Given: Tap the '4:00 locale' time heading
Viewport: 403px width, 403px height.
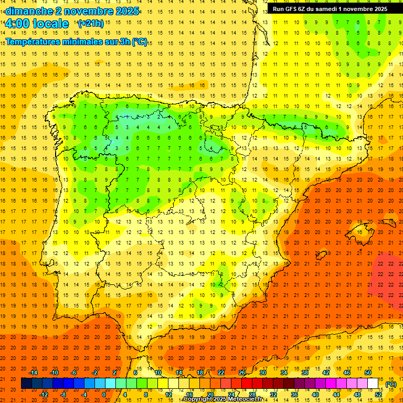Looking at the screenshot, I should pyautogui.click(x=36, y=24).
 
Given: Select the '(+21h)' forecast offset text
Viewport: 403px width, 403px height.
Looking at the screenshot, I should pyautogui.click(x=90, y=24).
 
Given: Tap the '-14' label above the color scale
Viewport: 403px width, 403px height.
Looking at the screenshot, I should pyautogui.click(x=33, y=373).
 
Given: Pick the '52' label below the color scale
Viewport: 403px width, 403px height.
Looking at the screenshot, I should pyautogui.click(x=378, y=394).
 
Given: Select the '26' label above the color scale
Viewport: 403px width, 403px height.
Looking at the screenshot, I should pyautogui.click(x=242, y=373).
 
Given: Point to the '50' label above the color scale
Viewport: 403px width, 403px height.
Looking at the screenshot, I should pyautogui.click(x=368, y=373).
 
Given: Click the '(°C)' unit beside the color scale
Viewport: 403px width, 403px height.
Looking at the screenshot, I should pyautogui.click(x=391, y=384).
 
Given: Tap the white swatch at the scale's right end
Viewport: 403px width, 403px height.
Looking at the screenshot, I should pyautogui.click(x=373, y=384).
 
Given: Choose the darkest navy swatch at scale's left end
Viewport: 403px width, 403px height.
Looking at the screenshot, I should pyautogui.click(x=26, y=384).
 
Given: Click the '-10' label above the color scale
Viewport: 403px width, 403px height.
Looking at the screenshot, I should pyautogui.click(x=54, y=373).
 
